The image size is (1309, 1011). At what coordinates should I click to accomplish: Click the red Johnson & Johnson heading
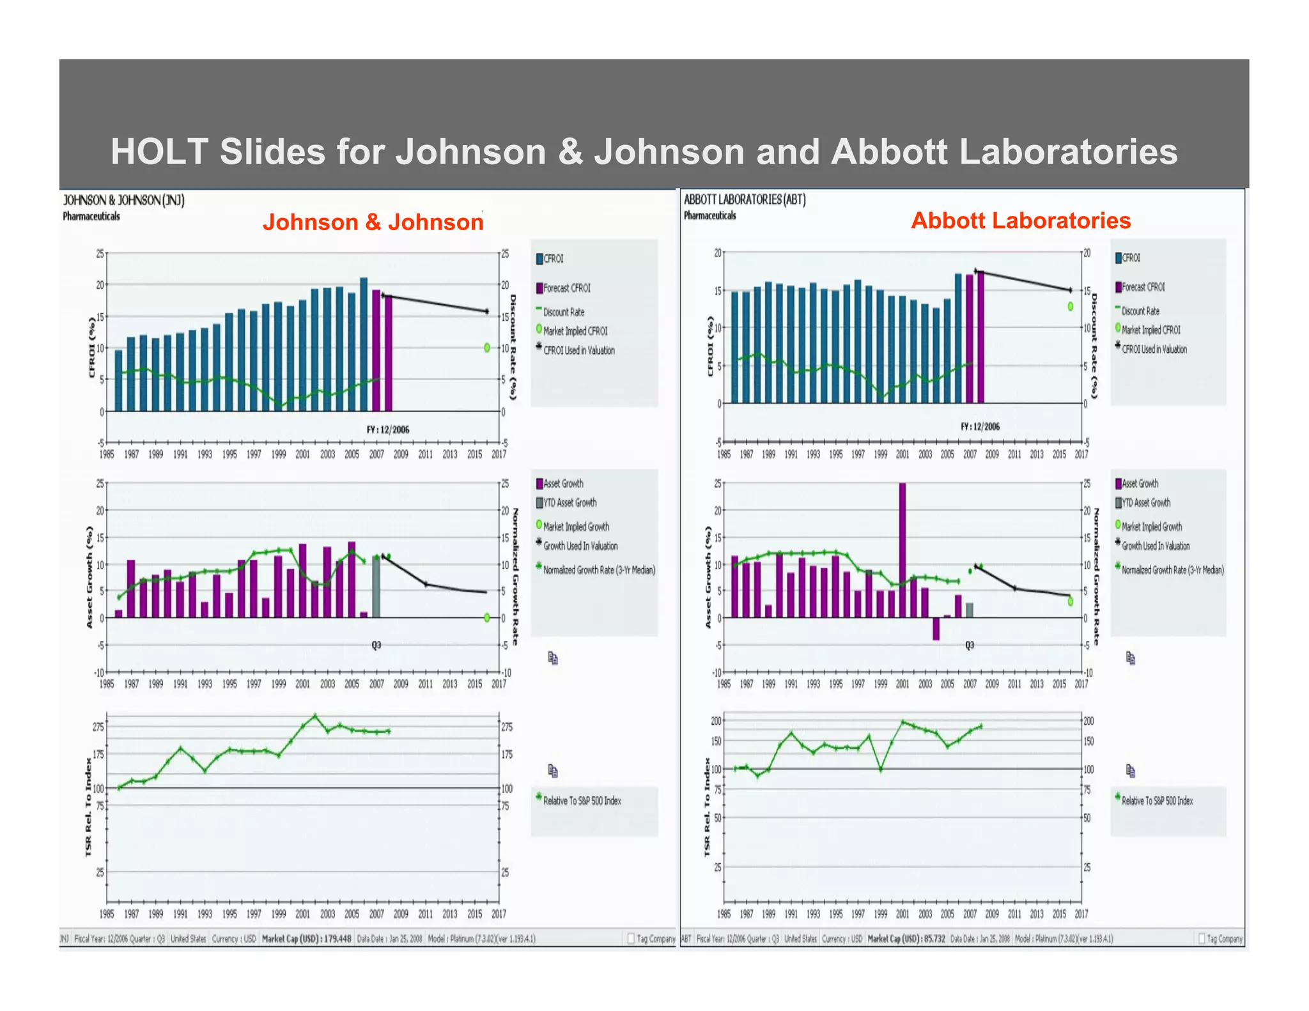point(373,222)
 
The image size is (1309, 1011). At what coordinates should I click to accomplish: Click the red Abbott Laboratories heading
point(1020,220)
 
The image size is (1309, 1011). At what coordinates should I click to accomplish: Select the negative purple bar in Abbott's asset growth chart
point(936,628)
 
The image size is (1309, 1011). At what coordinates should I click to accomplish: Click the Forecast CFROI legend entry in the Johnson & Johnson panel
point(566,288)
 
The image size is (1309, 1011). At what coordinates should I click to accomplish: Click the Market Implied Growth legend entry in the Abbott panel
point(1151,527)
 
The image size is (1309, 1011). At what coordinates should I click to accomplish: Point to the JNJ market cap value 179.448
point(337,939)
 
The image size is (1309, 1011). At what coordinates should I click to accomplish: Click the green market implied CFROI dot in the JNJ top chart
point(487,348)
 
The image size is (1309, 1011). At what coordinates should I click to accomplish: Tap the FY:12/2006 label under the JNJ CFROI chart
point(387,429)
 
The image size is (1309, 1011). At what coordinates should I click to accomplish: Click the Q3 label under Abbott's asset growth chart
point(970,645)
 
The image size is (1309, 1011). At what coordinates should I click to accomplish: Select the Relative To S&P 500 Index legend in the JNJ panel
point(581,801)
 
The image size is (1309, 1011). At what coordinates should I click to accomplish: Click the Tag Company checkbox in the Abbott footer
point(1202,939)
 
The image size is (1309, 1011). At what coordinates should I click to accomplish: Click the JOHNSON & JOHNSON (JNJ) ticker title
point(124,201)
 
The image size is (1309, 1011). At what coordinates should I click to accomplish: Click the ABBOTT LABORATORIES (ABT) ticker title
point(745,199)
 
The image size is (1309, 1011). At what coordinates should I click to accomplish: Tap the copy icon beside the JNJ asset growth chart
point(553,658)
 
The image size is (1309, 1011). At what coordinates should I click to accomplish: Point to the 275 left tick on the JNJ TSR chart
point(98,727)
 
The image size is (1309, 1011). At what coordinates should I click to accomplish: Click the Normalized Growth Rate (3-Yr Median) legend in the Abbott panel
point(1172,570)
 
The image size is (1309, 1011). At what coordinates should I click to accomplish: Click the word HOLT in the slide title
point(160,152)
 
